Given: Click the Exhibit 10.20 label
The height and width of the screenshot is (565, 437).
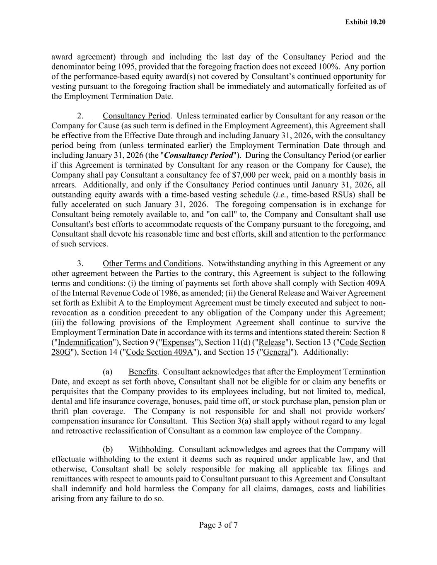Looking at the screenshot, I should pos(365,22).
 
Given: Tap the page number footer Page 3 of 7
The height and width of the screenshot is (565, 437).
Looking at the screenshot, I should pos(218,525).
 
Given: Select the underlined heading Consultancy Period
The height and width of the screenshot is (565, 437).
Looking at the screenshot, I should pos(136,116).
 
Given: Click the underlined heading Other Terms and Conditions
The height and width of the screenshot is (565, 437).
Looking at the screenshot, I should pos(152,264).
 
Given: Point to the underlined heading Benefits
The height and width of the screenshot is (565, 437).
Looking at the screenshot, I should pos(142,372).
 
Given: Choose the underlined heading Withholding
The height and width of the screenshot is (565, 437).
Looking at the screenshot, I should pos(150,449).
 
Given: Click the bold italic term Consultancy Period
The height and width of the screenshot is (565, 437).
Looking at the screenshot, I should pos(199,155).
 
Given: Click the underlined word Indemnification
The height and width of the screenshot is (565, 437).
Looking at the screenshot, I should pos(85,342).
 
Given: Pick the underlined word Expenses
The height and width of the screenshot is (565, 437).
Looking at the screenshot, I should pos(179,342).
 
